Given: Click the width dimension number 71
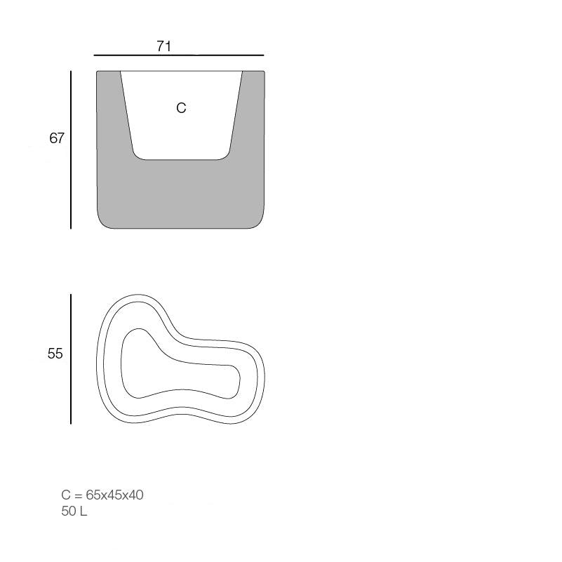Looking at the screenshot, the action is (163, 46).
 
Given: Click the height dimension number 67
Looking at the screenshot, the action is (57, 138).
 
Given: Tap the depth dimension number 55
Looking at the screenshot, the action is (55, 354).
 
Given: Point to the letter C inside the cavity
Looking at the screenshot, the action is (181, 108).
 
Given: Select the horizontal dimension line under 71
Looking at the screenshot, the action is (179, 55).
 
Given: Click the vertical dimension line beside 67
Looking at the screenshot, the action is (71, 150).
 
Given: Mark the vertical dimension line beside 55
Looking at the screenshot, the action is (71, 359).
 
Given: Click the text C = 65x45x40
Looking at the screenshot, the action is (102, 495).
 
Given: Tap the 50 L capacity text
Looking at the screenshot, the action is (74, 511).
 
